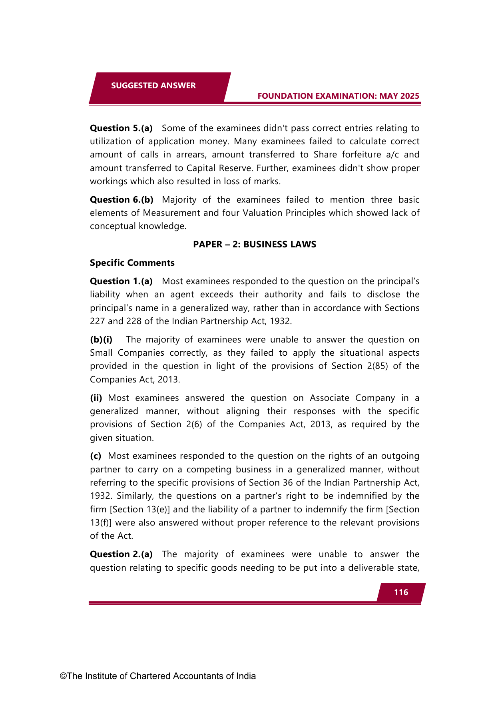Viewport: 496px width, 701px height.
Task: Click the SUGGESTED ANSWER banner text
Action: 153,86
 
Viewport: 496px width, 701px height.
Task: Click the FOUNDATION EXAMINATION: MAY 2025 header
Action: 338,96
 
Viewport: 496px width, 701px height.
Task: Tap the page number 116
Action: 401,592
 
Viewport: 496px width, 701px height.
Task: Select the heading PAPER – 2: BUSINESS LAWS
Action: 255,244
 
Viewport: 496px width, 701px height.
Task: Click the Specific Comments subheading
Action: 132,263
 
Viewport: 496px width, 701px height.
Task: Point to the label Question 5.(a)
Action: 121,128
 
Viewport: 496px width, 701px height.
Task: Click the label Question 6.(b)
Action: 121,199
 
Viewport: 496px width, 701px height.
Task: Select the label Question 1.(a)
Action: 121,281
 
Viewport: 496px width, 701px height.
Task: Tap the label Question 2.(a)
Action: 121,554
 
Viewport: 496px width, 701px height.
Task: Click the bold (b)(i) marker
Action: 101,339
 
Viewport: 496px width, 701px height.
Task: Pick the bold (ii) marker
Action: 96,398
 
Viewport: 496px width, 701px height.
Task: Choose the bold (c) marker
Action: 96,456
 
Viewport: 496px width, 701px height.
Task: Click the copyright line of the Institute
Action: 158,676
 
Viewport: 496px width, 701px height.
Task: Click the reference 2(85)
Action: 377,366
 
